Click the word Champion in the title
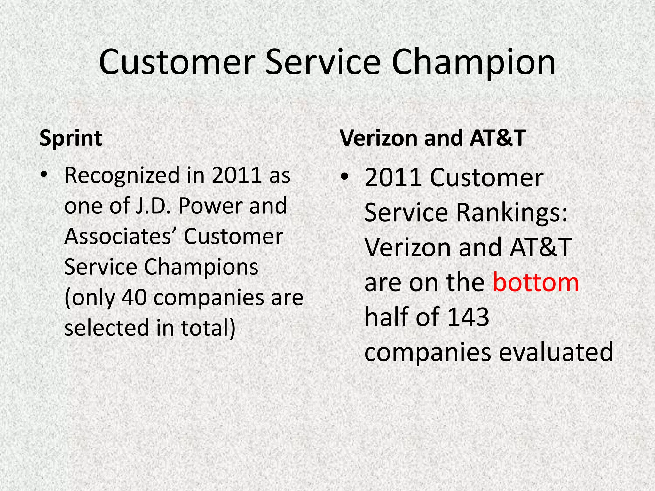pyautogui.click(x=473, y=62)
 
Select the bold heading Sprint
pyautogui.click(x=71, y=138)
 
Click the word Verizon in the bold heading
pyautogui.click(x=378, y=138)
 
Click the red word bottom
pyautogui.click(x=536, y=283)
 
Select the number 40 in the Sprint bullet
pyautogui.click(x=135, y=298)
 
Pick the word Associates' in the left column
pyautogui.click(x=120, y=237)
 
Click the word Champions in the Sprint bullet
pyautogui.click(x=201, y=267)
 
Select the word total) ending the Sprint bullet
pyautogui.click(x=208, y=328)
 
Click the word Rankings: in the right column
pyautogui.click(x=512, y=213)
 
